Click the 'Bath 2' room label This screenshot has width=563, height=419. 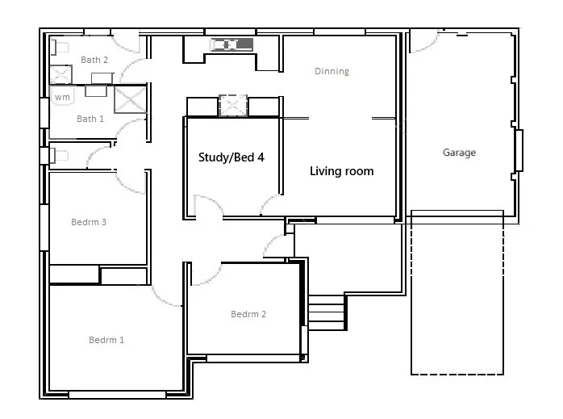94,60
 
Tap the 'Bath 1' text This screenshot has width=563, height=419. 90,119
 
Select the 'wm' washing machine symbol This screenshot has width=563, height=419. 62,97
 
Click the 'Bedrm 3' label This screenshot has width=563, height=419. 89,222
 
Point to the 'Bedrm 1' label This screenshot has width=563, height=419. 106,340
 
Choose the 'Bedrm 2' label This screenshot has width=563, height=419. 248,314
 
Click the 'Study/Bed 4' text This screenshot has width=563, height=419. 231,157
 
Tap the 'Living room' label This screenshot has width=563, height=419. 342,171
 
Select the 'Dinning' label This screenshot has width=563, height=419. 332,71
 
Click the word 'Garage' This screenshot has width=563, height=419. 459,153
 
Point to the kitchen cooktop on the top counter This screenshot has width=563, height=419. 232,44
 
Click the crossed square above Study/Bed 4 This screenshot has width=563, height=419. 232,106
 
